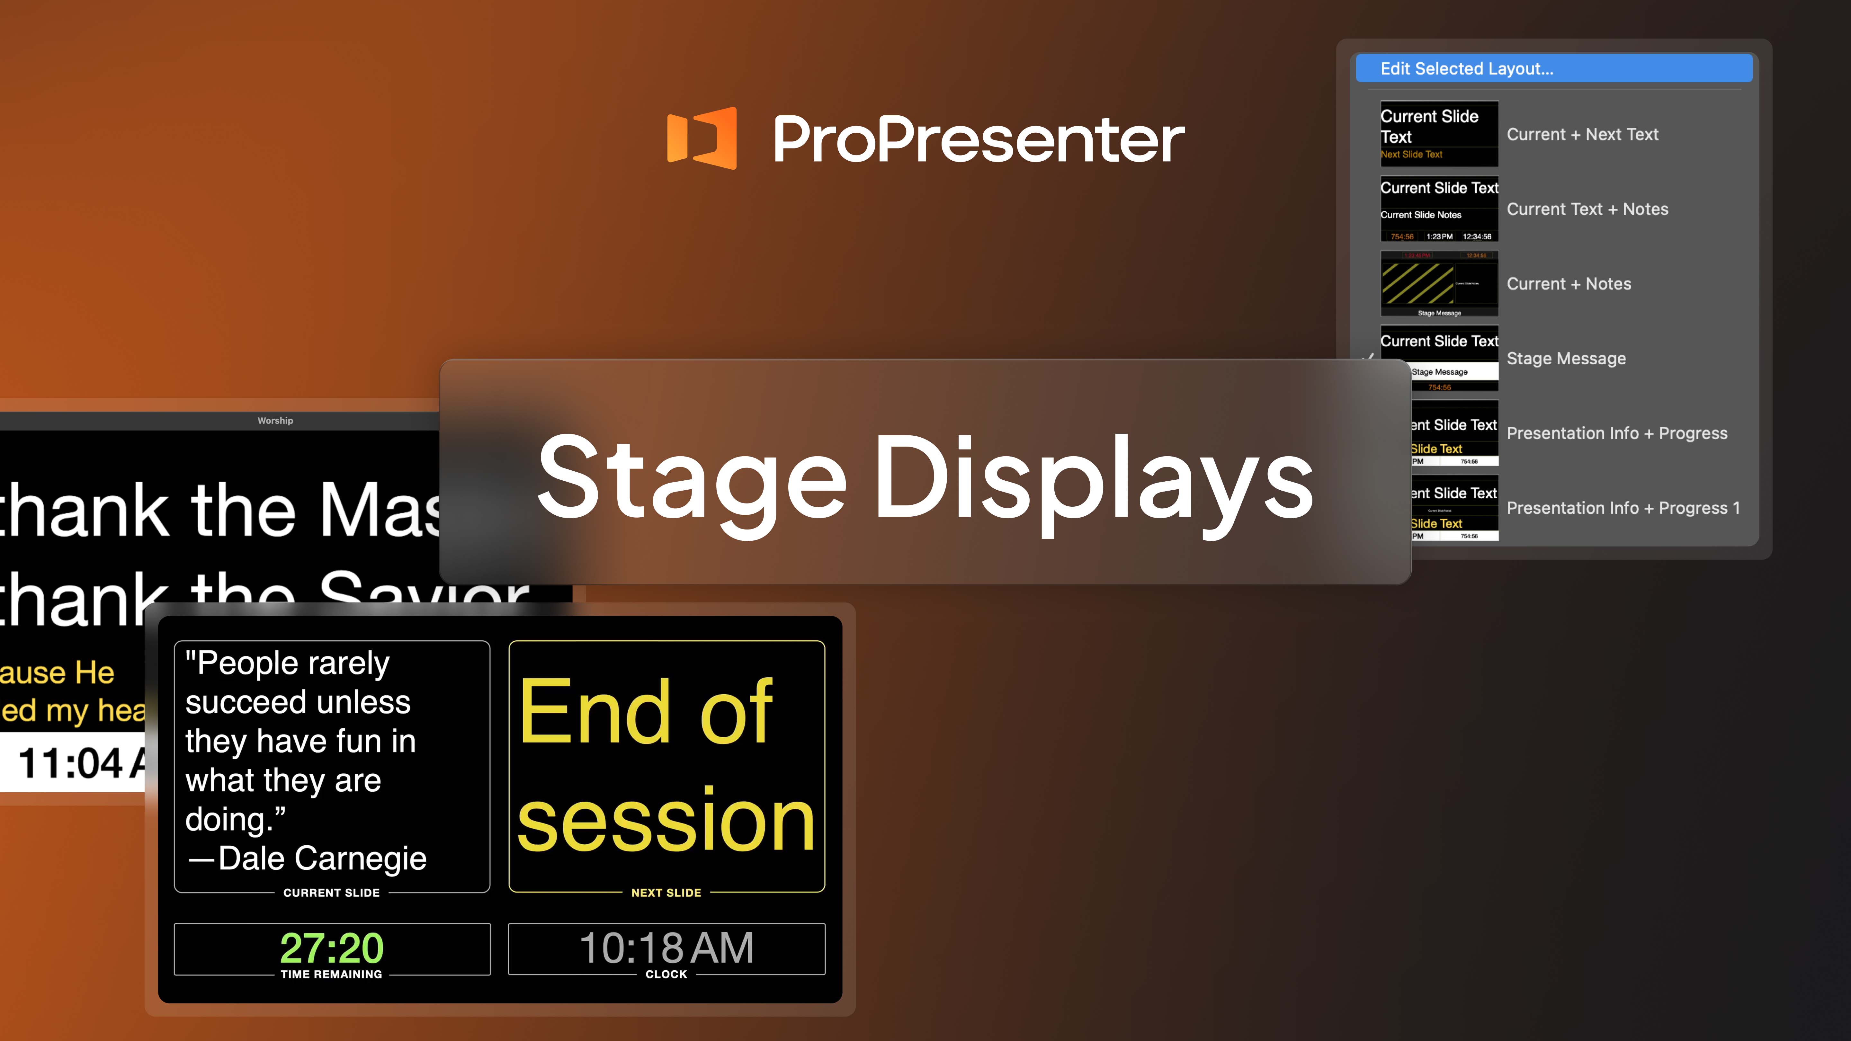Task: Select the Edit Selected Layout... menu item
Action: pyautogui.click(x=1467, y=69)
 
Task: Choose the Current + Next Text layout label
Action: pyautogui.click(x=1582, y=134)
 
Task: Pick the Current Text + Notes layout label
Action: pyautogui.click(x=1587, y=209)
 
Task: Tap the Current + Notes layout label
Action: pyautogui.click(x=1569, y=284)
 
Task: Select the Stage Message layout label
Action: pyautogui.click(x=1566, y=359)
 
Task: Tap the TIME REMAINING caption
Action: pyautogui.click(x=331, y=974)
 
